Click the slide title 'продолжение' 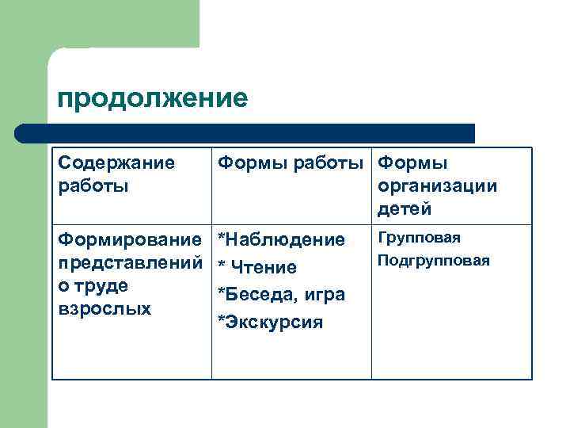point(153,98)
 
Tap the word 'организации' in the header point(438,186)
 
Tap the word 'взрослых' point(104,308)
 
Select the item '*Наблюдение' point(281,239)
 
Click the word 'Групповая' point(420,238)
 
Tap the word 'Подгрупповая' point(434,260)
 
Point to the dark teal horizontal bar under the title point(245,133)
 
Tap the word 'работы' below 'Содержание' point(93,186)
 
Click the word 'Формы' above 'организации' point(412,163)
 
